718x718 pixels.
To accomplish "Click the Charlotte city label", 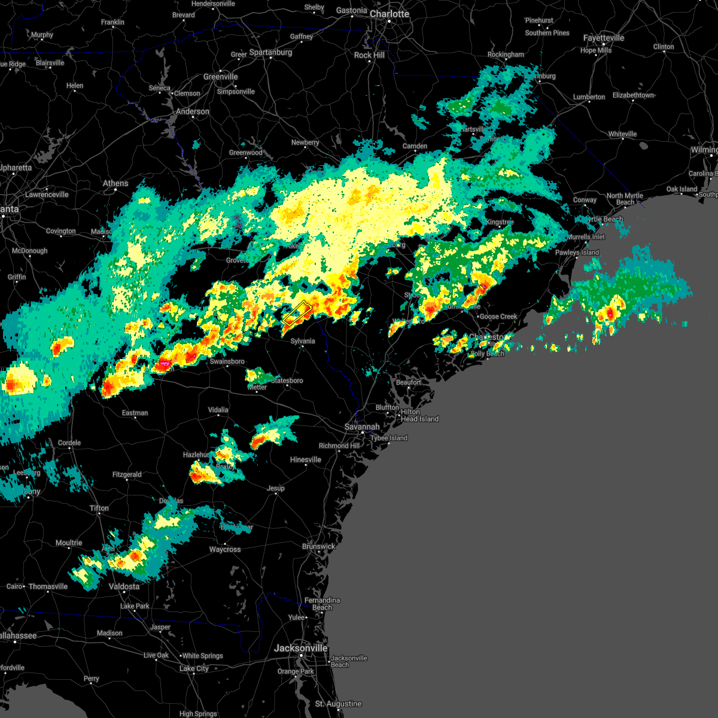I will click(389, 14).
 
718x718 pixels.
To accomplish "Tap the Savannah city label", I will click(362, 427).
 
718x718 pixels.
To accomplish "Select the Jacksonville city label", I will click(301, 648).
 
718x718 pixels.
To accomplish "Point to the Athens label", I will click(115, 183).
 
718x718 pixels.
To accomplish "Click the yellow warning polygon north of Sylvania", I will click(297, 313).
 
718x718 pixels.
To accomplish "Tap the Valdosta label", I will click(124, 586).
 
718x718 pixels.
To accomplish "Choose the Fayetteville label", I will click(604, 38).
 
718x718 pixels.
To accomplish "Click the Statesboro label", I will click(287, 381).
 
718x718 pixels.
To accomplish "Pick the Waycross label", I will click(225, 549).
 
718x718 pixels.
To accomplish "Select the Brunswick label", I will click(318, 546).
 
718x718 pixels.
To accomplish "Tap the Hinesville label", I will click(305, 460).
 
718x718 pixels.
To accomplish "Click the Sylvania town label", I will click(303, 341).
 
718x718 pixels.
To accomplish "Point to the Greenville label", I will click(220, 77).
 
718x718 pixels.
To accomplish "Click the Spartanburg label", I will click(270, 52).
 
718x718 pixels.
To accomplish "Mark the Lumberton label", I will click(589, 97).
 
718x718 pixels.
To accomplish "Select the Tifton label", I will click(99, 508).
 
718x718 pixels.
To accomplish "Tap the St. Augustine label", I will click(339, 704).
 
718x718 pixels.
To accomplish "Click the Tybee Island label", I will click(389, 438).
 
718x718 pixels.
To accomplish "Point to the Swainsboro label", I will click(227, 361).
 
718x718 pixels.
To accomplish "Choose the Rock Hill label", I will click(369, 55).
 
